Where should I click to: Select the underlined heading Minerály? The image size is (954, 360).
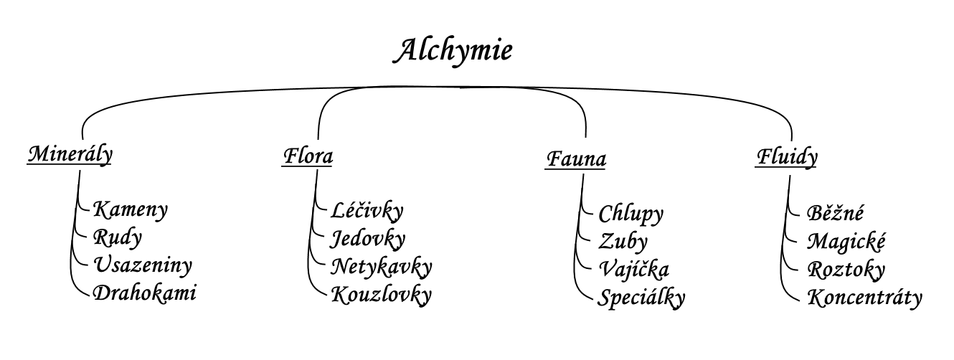(x=70, y=155)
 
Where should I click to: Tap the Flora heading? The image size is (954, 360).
(x=307, y=156)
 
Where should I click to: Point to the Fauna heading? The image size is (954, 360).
(x=575, y=159)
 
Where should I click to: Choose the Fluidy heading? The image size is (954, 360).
(x=787, y=158)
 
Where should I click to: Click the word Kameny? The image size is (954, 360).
(x=131, y=210)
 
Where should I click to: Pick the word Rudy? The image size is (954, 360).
(x=117, y=238)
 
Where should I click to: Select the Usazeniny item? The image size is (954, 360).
(x=143, y=265)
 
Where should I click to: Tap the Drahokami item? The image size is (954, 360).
(x=144, y=293)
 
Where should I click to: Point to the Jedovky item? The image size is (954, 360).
(x=367, y=239)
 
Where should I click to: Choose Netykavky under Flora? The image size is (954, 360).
(x=382, y=267)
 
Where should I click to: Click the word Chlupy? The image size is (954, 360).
(x=631, y=214)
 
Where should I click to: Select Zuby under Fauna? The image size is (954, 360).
(x=623, y=242)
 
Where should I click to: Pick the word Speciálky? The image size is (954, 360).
(x=641, y=298)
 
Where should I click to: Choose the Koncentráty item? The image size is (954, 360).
(x=865, y=298)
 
